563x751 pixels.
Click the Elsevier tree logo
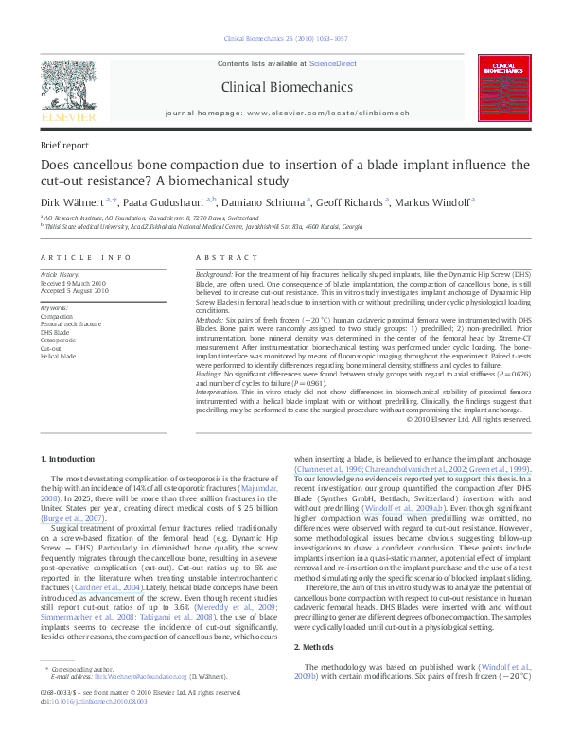pos(67,89)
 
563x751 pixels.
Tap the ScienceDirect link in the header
pos(334,63)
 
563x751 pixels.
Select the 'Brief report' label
pos(63,145)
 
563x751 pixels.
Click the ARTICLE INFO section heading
pos(86,257)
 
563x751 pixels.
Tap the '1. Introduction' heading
pos(69,459)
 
